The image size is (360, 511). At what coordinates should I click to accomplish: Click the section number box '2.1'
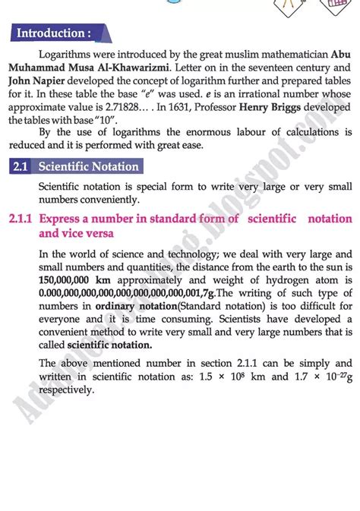pyautogui.click(x=20, y=166)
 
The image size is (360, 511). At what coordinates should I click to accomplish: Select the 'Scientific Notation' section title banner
pyautogui.click(x=89, y=166)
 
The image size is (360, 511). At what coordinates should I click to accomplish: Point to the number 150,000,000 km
pyautogui.click(x=81, y=281)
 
